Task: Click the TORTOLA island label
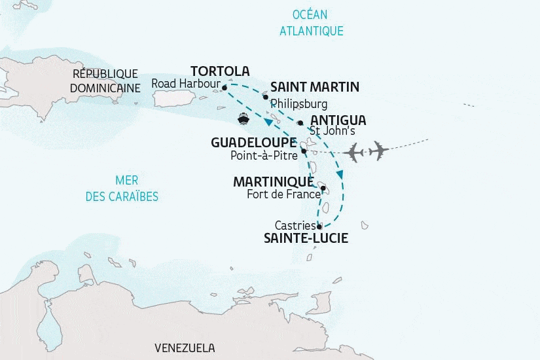219,71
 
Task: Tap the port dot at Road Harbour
225,87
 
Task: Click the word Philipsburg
298,103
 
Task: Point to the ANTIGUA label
338,120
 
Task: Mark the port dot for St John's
300,122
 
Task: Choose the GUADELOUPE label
253,142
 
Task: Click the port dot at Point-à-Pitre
304,152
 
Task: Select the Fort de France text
283,194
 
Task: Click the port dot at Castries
319,226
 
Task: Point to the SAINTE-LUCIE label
306,239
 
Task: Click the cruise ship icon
243,118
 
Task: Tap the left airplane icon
355,151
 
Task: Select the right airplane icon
378,151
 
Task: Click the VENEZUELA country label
185,348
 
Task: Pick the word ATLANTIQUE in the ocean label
311,31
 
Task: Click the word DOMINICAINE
106,87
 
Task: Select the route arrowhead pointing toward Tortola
268,123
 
